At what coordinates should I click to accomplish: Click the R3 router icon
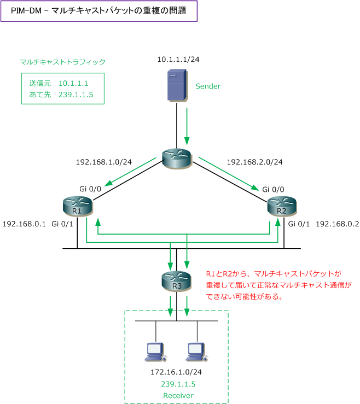click(177, 280)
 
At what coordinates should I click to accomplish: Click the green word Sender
click(208, 86)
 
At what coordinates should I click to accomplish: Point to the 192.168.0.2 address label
click(336, 224)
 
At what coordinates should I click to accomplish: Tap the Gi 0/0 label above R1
click(90, 189)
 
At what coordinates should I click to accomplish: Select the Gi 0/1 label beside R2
click(299, 224)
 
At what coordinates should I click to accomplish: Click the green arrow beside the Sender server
click(188, 126)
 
